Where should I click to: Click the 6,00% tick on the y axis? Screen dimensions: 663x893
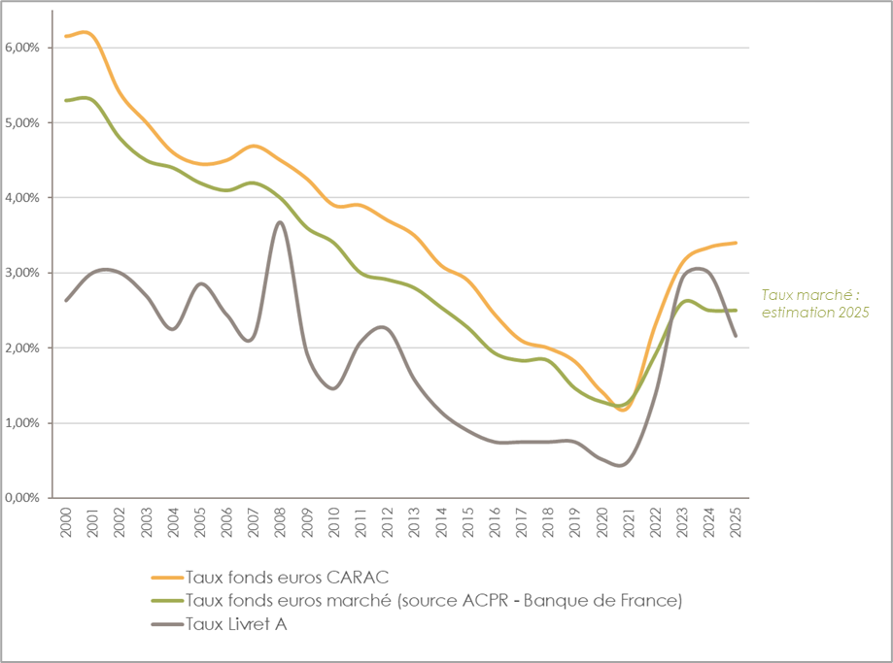pyautogui.click(x=22, y=48)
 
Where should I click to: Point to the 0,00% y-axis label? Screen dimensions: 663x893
pyautogui.click(x=22, y=498)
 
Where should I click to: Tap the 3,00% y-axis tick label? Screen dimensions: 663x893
pyautogui.click(x=22, y=273)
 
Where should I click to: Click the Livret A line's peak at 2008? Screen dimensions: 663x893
pyautogui.click(x=280, y=222)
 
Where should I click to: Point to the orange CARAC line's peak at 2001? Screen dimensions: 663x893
pyautogui.click(x=88, y=33)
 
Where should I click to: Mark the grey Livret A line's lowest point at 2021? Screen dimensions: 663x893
pyautogui.click(x=620, y=465)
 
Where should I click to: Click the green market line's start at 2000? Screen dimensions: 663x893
pyautogui.click(x=66, y=100)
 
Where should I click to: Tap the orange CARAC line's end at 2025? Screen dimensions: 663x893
pyautogui.click(x=736, y=243)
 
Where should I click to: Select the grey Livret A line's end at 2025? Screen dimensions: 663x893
pyautogui.click(x=736, y=336)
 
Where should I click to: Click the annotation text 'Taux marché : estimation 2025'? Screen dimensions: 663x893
pyautogui.click(x=814, y=303)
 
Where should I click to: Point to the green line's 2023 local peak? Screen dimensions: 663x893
pyautogui.click(x=687, y=301)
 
